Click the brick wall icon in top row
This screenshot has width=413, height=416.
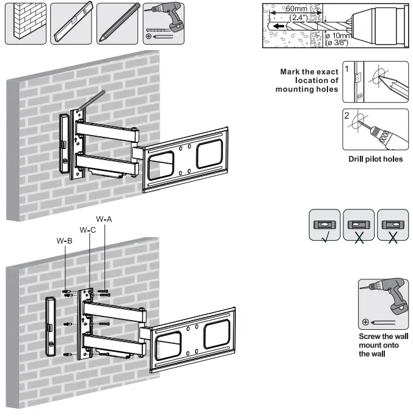25,22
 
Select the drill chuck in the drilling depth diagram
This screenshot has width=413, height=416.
379,24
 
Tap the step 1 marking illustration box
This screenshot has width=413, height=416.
375,81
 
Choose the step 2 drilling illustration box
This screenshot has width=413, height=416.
375,129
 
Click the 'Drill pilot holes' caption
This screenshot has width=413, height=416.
375,159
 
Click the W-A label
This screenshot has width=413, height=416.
104,219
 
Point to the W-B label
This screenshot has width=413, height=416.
65,241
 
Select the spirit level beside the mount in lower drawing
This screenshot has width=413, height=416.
51,326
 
